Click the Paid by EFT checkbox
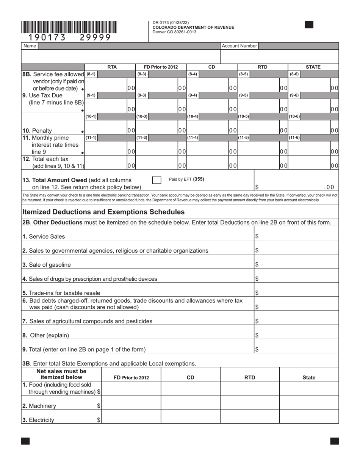[x=157, y=180]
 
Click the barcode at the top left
[x=69, y=28]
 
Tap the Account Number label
[x=239, y=46]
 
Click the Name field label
[x=30, y=46]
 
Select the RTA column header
[x=112, y=67]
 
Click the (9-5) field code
[x=243, y=95]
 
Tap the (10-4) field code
[x=193, y=116]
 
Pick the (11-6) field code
[x=294, y=138]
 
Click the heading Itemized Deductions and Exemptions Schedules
[x=103, y=212]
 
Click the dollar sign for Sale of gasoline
[x=257, y=264]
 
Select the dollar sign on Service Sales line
[x=257, y=236]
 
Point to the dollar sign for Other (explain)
[x=257, y=335]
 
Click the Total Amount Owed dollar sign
[x=257, y=187]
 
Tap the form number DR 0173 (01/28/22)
[x=171, y=23]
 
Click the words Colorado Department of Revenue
[x=193, y=27]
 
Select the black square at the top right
[x=309, y=25]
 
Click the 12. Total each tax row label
[x=53, y=163]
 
